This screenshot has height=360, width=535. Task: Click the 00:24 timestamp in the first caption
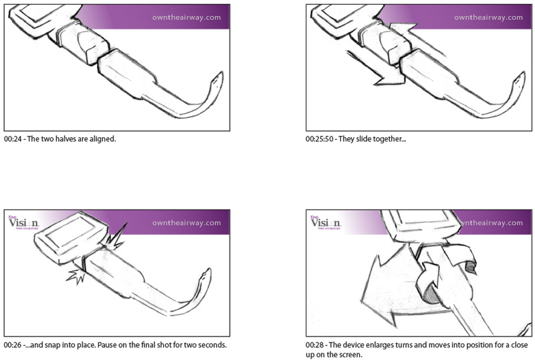coord(12,141)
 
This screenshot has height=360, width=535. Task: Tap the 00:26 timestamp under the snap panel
coord(12,345)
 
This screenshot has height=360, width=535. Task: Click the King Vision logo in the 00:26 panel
coord(23,222)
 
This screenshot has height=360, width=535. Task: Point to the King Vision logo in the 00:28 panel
coord(325,222)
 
